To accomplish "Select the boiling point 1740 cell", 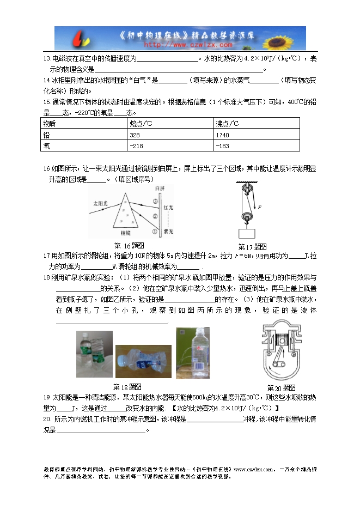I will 222,135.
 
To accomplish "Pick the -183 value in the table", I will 222,146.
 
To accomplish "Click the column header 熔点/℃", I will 141,124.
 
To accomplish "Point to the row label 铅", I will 47,135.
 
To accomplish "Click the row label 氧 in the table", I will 47,146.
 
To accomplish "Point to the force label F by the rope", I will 261,207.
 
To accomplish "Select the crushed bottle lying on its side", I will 143,361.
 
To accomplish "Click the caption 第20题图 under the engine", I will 281,388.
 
